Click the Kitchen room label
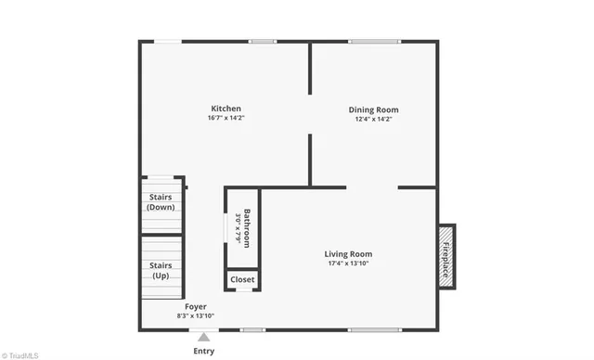226,109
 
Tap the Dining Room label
373,109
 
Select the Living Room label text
348,254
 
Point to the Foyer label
195,306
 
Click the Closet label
242,279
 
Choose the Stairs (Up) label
161,270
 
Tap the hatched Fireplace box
446,255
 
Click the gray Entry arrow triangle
203,337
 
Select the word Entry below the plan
203,351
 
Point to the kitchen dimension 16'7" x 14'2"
226,119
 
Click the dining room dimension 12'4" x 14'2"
373,120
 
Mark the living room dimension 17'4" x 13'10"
348,264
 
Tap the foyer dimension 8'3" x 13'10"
195,316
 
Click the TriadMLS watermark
19,354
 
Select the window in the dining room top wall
374,41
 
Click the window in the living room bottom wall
374,329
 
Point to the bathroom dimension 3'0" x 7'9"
238,228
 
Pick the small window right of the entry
252,329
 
